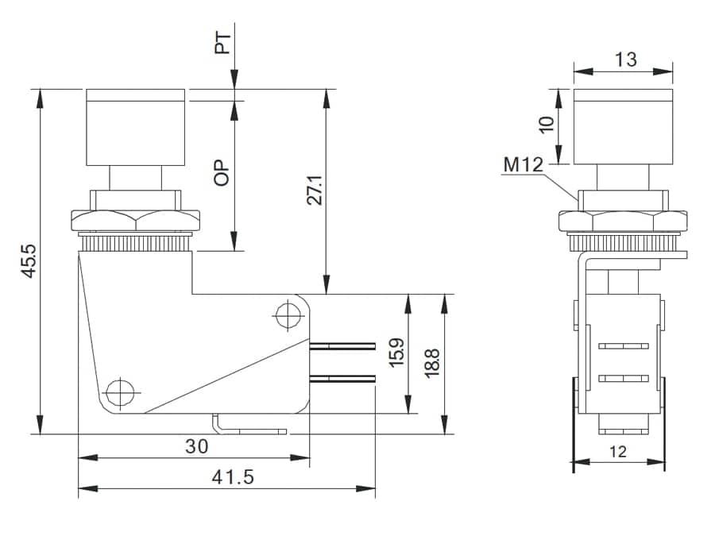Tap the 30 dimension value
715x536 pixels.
[x=196, y=446]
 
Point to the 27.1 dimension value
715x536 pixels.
[x=315, y=187]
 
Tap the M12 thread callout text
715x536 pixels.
[x=523, y=165]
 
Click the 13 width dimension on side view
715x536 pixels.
[x=625, y=60]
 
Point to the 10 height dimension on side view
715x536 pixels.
[x=546, y=125]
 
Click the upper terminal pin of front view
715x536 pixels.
[x=342, y=346]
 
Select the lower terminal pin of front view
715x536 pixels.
[x=342, y=379]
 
